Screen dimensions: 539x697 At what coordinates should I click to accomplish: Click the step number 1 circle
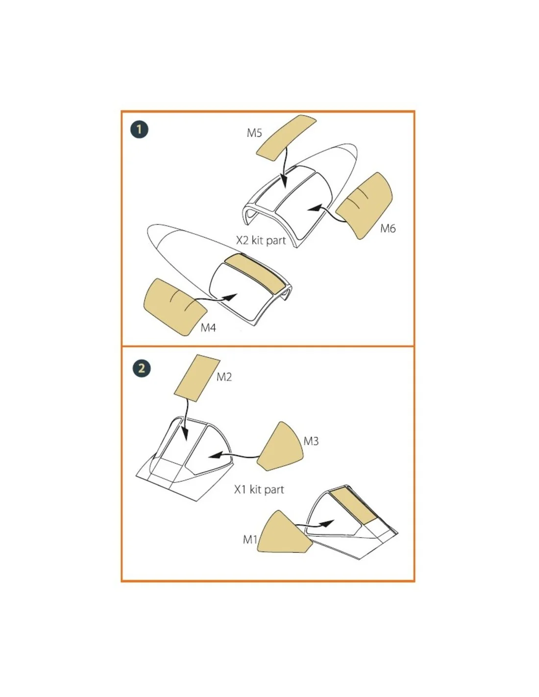tap(139, 129)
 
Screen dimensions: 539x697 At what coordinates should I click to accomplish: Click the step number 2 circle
tap(142, 368)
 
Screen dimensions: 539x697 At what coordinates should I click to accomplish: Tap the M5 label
tap(254, 133)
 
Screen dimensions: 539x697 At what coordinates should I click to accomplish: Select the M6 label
tap(388, 228)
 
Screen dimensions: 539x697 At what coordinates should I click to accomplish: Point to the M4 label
tap(208, 327)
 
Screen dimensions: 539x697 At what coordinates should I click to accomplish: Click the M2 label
tap(224, 377)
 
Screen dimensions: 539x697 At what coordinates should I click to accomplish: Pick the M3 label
tap(311, 441)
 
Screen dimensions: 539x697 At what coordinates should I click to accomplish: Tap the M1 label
tap(250, 540)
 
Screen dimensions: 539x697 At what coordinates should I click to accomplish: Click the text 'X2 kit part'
tap(261, 240)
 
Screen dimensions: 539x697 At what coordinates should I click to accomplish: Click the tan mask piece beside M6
tap(364, 205)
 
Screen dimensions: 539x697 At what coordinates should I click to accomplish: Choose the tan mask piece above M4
tap(175, 307)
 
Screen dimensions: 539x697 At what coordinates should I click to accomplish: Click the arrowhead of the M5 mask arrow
tap(283, 181)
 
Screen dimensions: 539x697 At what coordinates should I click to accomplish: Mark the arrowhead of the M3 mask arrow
tap(215, 455)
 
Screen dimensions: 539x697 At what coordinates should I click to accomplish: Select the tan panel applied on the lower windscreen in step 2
tap(353, 507)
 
